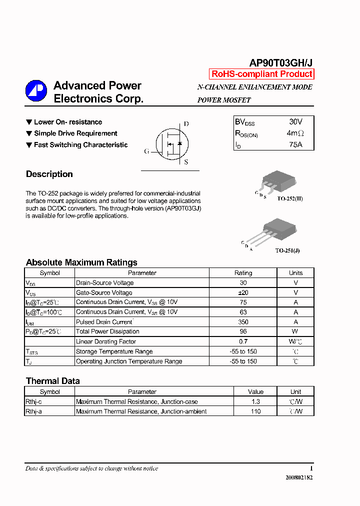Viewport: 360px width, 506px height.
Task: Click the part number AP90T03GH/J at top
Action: (x=281, y=63)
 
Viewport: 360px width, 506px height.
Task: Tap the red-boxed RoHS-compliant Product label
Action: (x=262, y=74)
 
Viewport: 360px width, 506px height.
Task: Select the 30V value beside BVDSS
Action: (x=295, y=121)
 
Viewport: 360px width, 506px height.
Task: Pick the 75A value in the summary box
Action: (x=295, y=144)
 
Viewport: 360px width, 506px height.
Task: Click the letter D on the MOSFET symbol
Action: (x=186, y=124)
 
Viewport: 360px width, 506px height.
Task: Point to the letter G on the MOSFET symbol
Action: (x=146, y=151)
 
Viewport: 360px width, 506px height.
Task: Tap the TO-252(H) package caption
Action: (x=290, y=198)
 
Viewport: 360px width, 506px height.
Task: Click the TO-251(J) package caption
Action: (x=287, y=250)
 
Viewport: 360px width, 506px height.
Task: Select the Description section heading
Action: (x=49, y=174)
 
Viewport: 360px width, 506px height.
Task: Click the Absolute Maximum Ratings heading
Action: (x=81, y=262)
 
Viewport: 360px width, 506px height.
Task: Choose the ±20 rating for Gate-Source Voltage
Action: (x=243, y=292)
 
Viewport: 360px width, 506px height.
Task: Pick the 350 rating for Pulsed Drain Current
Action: (x=243, y=322)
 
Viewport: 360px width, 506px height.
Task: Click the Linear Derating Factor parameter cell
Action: (x=106, y=341)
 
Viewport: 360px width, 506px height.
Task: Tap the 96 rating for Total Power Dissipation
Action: (x=243, y=331)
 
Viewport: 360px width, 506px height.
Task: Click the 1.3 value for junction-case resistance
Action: (x=255, y=401)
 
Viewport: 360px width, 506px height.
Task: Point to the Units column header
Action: (x=295, y=273)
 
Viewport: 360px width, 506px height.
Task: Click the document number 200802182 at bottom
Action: (x=299, y=477)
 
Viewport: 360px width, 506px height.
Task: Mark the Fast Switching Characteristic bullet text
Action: (x=81, y=145)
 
